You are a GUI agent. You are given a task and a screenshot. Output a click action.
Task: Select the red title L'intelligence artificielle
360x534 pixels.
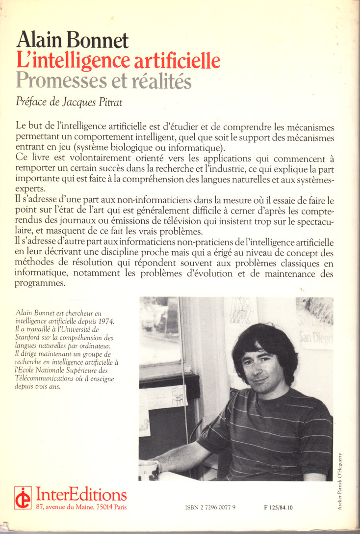[118, 60]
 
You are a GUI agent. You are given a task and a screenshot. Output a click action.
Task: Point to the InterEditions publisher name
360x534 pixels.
[81, 494]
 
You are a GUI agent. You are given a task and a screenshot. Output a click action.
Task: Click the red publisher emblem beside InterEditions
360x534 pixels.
[23, 498]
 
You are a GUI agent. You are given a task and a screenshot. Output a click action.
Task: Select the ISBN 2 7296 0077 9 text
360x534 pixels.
[211, 507]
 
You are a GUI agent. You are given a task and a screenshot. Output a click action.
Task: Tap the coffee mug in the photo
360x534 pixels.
[148, 470]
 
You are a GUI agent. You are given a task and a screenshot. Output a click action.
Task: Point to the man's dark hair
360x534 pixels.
[265, 344]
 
